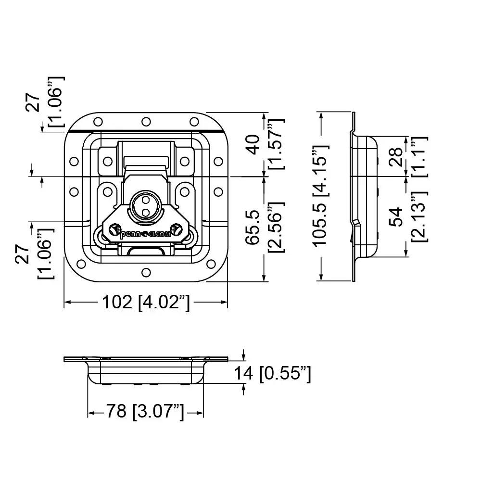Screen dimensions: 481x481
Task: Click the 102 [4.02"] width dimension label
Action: click(146, 302)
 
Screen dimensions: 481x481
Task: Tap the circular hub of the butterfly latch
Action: click(146, 206)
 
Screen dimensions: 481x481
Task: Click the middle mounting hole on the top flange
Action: click(146, 120)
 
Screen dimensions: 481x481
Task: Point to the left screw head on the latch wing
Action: click(114, 229)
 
